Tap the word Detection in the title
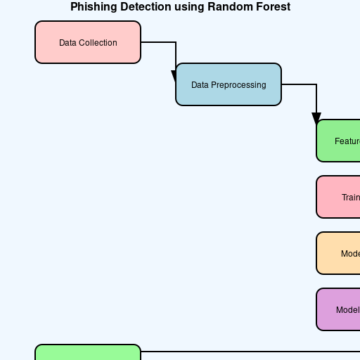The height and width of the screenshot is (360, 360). coord(144,7)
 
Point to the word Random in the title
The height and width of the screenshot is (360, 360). coord(227,7)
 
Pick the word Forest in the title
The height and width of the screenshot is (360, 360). coord(271,7)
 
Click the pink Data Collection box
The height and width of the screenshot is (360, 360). coord(88,42)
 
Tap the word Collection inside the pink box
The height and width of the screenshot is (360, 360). coord(98,43)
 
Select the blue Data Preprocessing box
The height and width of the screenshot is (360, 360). coord(229,84)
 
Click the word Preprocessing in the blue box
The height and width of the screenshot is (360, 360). coord(239,85)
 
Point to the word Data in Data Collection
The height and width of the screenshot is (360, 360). coord(67,43)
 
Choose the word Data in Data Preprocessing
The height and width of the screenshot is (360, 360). coord(200,85)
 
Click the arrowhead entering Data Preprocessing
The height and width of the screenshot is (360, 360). coord(176,77)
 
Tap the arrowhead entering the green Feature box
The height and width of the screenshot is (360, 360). coord(316,119)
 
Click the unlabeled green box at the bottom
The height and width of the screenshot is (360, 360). coord(88,353)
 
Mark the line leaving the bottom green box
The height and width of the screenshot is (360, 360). coord(246,352)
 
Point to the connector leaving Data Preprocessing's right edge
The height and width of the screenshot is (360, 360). coord(299,84)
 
